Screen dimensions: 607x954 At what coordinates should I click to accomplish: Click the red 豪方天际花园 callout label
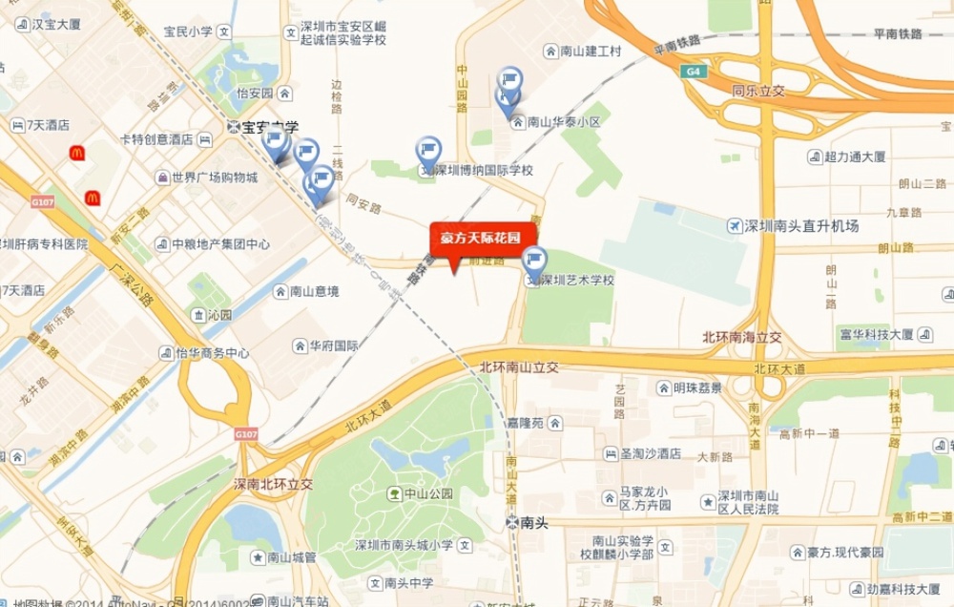pos(480,239)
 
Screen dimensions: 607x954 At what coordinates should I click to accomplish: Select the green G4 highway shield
pos(691,72)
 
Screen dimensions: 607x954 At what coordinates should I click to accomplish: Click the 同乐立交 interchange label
pos(757,91)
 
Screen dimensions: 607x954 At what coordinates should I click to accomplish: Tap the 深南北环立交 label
pos(274,484)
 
